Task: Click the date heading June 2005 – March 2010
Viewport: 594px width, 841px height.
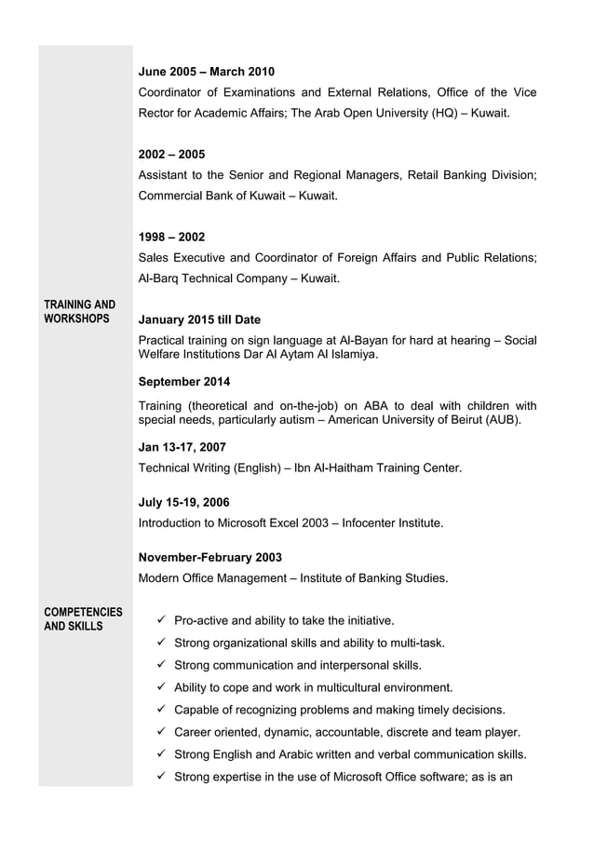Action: tap(206, 72)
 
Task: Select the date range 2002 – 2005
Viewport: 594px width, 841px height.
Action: tap(171, 154)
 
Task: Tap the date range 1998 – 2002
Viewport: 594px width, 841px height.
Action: tap(171, 237)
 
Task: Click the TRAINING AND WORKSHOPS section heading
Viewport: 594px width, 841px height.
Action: tap(79, 312)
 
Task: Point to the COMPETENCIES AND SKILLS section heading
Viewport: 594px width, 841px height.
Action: tap(83, 618)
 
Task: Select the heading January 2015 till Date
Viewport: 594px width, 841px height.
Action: tap(199, 319)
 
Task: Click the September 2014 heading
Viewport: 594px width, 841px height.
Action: tap(183, 382)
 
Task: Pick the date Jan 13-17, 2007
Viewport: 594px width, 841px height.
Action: tap(182, 447)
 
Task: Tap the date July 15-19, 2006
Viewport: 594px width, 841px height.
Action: tap(183, 502)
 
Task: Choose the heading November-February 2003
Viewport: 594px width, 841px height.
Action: tap(209, 557)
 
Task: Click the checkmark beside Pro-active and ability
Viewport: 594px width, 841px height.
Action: tap(161, 620)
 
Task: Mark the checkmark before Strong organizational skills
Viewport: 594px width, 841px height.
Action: tap(161, 643)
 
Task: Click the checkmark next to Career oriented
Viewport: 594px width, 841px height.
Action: tap(161, 732)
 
